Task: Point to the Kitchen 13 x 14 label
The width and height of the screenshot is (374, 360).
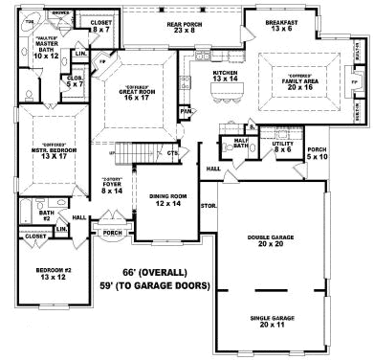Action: pos(225,77)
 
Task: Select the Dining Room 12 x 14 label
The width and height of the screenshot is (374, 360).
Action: pos(165,200)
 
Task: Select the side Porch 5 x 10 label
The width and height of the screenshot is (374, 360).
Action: pos(318,152)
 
